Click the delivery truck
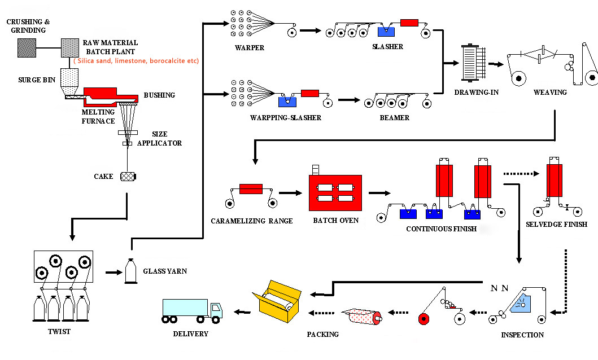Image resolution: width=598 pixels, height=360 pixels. (193, 311)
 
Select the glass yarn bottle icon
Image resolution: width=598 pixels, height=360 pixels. (131, 271)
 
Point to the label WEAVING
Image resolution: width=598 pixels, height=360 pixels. (549, 92)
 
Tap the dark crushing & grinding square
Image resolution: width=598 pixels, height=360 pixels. (26, 48)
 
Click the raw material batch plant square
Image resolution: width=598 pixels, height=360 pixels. (69, 47)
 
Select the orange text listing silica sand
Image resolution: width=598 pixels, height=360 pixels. (136, 60)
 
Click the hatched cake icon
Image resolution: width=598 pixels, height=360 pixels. (128, 177)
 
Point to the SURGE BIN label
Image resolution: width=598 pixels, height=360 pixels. (36, 80)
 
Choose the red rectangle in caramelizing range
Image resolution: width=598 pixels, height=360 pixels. (250, 188)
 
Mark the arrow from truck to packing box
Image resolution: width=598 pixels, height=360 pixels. (243, 311)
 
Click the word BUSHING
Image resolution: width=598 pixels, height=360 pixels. (159, 95)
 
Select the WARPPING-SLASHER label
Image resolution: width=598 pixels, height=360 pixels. (285, 118)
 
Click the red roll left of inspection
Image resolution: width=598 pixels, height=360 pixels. (424, 319)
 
